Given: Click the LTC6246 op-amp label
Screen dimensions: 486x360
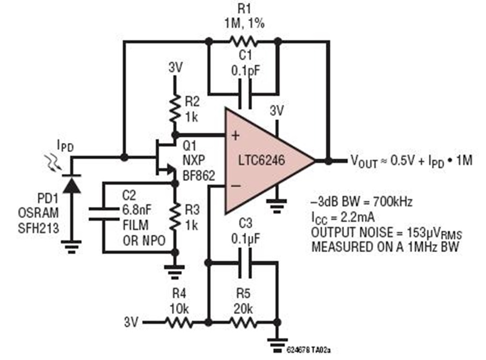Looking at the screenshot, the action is coord(261,160).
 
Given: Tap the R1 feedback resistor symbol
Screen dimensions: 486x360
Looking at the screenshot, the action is coord(244,41).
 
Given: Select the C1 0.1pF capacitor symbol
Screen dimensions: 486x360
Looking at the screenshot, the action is coord(245,94).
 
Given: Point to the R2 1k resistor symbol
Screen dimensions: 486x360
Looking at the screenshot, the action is coord(175,109).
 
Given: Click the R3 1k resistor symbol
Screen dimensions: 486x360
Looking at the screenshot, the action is coord(175,217).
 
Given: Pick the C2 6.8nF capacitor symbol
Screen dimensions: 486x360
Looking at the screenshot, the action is coord(104,214).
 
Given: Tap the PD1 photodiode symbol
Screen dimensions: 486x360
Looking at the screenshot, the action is coord(72,184).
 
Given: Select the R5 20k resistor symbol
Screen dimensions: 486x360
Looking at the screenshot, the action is coord(242,323).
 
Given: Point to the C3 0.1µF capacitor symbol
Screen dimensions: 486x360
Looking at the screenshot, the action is coord(245,263).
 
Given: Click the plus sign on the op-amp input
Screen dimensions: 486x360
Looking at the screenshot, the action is coord(235,135).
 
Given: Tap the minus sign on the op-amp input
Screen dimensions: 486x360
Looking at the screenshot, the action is coord(235,186).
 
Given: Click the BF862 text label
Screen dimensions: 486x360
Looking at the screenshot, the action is coord(199,175).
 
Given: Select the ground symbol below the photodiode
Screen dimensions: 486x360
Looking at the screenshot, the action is coord(72,247).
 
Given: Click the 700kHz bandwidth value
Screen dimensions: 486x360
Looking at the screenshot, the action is coord(393,202).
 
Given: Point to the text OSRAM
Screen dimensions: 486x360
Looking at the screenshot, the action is coord(38,213).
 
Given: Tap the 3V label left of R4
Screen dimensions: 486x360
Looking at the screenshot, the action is coord(131,322).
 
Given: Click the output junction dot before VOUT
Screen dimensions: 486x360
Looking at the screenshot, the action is coord(328,160).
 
